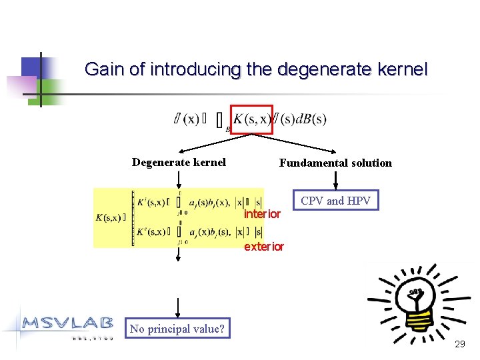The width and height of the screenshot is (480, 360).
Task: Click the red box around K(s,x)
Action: coord(251,119)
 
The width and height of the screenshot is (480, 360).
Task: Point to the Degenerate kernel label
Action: coord(179,162)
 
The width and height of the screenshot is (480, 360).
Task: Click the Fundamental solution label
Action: coord(335,163)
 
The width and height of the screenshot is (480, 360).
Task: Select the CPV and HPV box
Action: coord(335,201)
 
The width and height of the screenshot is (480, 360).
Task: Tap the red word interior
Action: coord(262,214)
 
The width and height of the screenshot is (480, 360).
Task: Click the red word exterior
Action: coord(264,247)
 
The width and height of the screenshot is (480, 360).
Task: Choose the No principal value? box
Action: coord(177,328)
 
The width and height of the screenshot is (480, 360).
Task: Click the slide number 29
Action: coord(459,344)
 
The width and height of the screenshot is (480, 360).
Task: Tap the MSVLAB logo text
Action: coord(67,323)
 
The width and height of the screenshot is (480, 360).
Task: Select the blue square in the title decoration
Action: coord(32,67)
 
